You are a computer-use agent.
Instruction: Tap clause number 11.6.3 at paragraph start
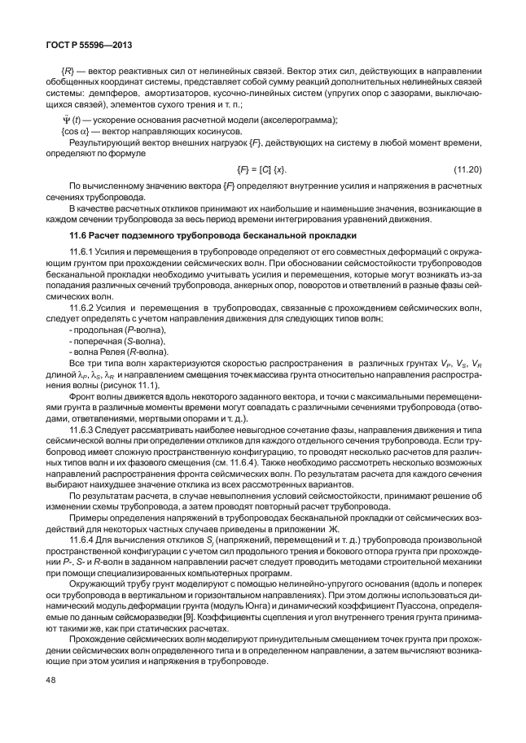[83, 427]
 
